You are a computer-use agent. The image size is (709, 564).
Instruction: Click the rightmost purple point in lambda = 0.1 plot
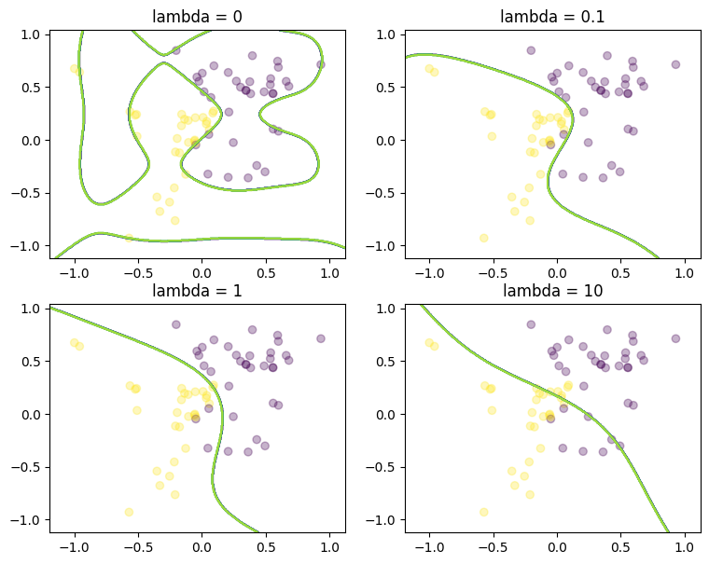675,64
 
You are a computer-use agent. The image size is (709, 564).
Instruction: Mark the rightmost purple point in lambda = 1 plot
320,338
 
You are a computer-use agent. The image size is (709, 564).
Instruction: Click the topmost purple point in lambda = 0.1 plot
531,50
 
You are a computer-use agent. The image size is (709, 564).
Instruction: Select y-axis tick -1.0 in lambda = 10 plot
383,519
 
